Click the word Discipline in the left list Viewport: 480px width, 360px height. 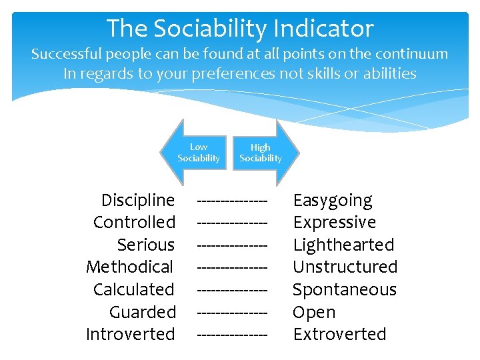(138, 200)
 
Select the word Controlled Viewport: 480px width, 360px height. (134, 222)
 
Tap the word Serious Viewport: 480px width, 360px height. (145, 245)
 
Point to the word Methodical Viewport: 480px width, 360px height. (130, 267)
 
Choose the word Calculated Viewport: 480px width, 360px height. (134, 289)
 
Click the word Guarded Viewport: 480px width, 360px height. (143, 312)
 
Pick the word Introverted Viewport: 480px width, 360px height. (131, 334)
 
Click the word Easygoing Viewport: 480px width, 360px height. (333, 200)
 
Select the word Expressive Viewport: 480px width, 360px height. (335, 222)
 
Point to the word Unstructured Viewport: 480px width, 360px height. (345, 267)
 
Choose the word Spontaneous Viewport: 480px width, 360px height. (345, 289)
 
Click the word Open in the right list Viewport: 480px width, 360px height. (314, 312)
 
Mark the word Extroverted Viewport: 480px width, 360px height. (340, 334)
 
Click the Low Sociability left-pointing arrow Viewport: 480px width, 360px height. (194, 153)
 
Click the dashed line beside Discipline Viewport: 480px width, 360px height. (233, 200)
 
